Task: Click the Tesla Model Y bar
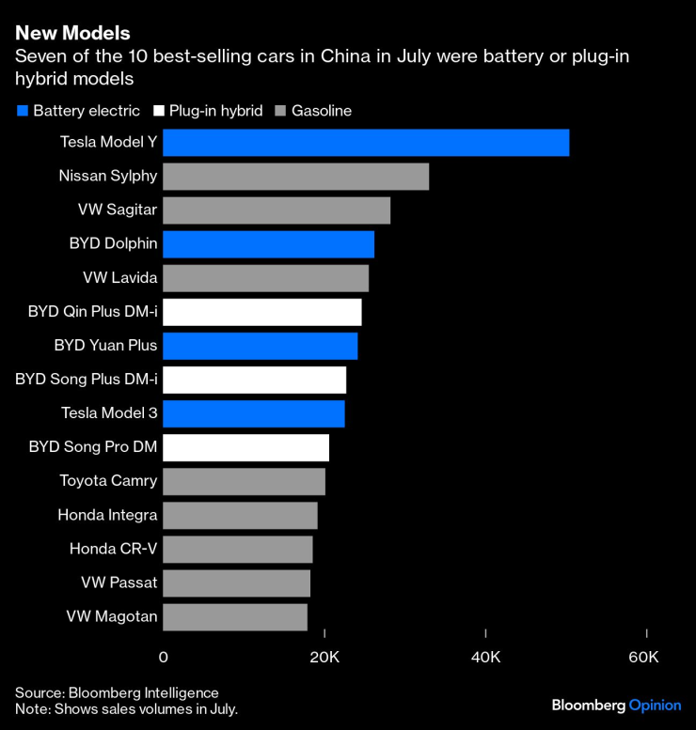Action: pos(366,143)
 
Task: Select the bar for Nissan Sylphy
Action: pos(295,177)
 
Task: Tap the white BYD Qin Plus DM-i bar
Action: pos(261,312)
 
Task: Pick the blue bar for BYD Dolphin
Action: pos(268,244)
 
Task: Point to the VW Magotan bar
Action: pos(235,617)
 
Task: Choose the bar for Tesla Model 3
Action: pos(254,414)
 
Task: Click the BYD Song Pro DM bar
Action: pos(245,448)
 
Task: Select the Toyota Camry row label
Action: pos(108,482)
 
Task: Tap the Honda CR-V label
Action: pos(114,550)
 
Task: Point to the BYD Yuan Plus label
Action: pos(105,346)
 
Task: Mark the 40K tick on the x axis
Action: pos(485,656)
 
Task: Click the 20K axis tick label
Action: pos(324,656)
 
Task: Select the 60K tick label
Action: pos(643,656)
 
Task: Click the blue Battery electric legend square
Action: pos(22,111)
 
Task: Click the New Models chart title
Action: pos(72,36)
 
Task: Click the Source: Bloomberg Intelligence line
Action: pos(117,692)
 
